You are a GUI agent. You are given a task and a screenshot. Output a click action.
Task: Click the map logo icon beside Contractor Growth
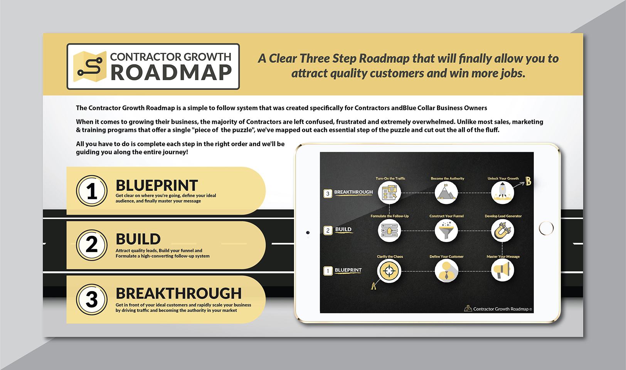pyautogui.click(x=90, y=67)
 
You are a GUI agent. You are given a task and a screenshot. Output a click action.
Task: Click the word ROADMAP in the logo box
pyautogui.click(x=171, y=72)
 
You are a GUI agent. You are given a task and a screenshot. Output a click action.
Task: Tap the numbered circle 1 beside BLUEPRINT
pyautogui.click(x=92, y=191)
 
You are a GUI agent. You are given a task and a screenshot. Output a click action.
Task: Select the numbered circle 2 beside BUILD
pyautogui.click(x=92, y=245)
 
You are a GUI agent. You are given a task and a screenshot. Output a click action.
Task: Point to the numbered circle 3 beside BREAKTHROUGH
pyautogui.click(x=92, y=299)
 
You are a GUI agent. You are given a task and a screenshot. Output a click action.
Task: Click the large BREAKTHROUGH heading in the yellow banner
pyautogui.click(x=178, y=293)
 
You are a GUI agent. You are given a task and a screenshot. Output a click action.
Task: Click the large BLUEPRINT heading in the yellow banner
pyautogui.click(x=157, y=185)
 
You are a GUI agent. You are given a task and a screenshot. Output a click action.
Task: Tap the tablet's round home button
pyautogui.click(x=546, y=228)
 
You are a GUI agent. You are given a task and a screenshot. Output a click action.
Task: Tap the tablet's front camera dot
pyautogui.click(x=308, y=232)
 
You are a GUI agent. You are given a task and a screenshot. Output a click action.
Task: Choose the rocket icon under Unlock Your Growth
pyautogui.click(x=503, y=192)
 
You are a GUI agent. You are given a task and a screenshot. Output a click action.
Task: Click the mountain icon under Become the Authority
pyautogui.click(x=446, y=192)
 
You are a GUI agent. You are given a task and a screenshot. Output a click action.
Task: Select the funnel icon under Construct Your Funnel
pyautogui.click(x=446, y=230)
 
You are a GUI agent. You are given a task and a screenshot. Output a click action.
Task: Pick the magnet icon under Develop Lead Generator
pyautogui.click(x=503, y=230)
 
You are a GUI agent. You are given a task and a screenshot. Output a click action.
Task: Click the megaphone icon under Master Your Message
pyautogui.click(x=503, y=270)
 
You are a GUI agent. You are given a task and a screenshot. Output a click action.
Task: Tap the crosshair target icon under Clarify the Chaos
pyautogui.click(x=389, y=271)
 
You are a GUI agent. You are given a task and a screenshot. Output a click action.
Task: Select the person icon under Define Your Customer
pyautogui.click(x=446, y=271)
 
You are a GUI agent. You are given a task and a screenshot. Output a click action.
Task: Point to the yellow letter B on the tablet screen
pyautogui.click(x=528, y=181)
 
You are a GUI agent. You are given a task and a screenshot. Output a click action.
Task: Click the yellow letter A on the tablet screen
pyautogui.click(x=373, y=286)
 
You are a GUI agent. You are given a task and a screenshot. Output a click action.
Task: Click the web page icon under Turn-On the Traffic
pyautogui.click(x=389, y=192)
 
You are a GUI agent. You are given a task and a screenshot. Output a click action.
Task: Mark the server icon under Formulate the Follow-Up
pyautogui.click(x=389, y=230)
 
